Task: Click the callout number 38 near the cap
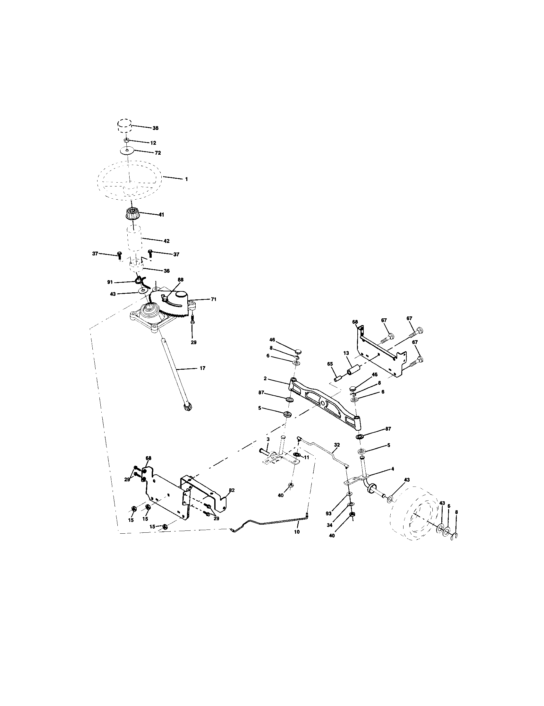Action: [155, 128]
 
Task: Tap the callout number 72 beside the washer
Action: [157, 152]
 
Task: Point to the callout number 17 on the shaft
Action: [202, 368]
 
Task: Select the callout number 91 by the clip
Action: [110, 282]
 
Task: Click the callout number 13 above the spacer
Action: [346, 353]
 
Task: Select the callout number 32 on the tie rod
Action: [337, 445]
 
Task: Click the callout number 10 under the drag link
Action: [297, 532]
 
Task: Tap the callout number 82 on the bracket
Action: [231, 490]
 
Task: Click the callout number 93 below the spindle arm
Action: [328, 513]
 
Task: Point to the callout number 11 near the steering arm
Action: [307, 457]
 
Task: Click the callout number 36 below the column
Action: [166, 271]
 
